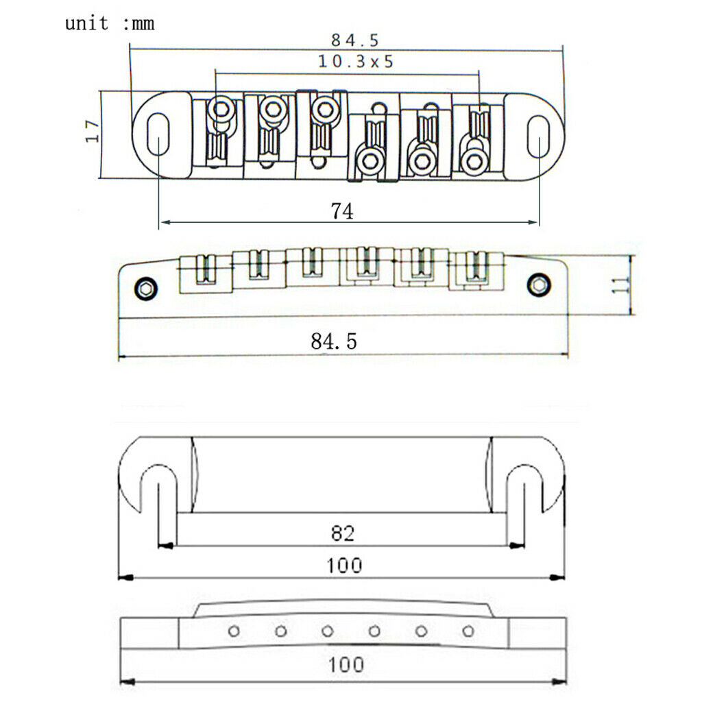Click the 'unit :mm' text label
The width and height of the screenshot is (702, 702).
110,23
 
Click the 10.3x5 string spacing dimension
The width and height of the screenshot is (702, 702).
356,61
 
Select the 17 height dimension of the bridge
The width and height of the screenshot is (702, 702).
93,131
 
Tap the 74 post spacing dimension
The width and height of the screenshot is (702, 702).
342,211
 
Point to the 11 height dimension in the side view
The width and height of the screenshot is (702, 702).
621,285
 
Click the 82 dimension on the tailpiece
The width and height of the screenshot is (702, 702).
343,533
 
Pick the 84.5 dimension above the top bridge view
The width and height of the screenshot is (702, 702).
355,40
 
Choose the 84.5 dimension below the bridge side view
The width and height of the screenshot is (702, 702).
334,341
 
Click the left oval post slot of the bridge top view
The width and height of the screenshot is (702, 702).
158,134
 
